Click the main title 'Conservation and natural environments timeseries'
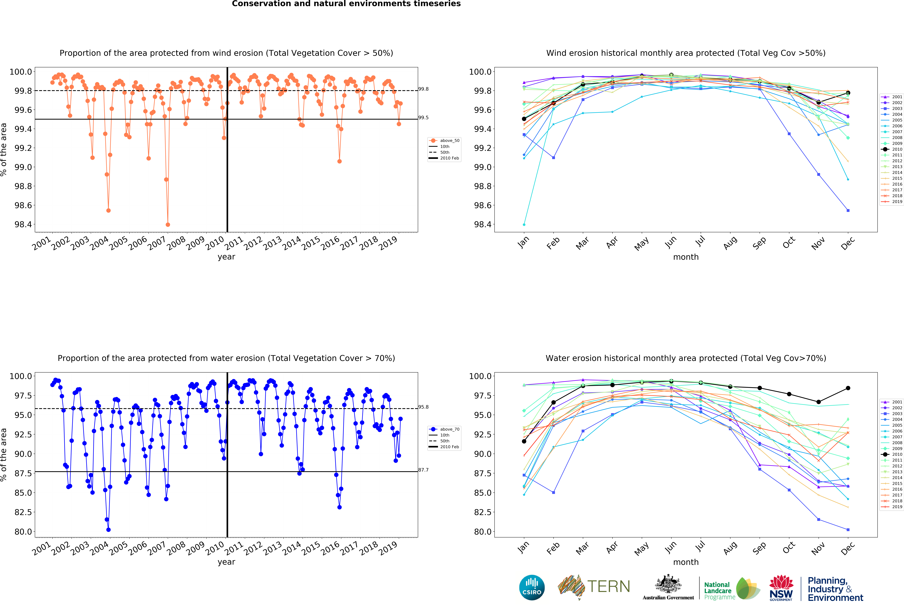[346, 4]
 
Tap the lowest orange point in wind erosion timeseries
[168, 225]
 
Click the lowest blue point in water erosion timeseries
[109, 530]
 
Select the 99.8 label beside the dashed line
[423, 89]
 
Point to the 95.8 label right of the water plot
[423, 407]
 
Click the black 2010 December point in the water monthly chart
[848, 388]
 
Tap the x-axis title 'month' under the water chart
[686, 562]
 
